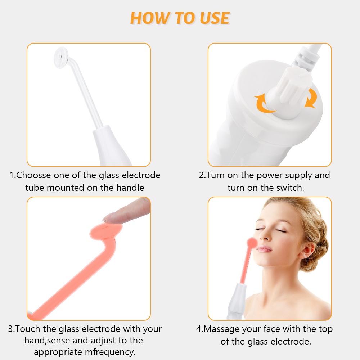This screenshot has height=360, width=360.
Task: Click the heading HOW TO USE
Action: click(x=180, y=18)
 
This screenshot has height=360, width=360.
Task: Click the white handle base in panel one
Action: click(x=112, y=148)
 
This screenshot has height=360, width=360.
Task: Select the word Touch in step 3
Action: click(x=28, y=329)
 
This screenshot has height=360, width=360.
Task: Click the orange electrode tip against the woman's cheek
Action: click(x=252, y=244)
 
